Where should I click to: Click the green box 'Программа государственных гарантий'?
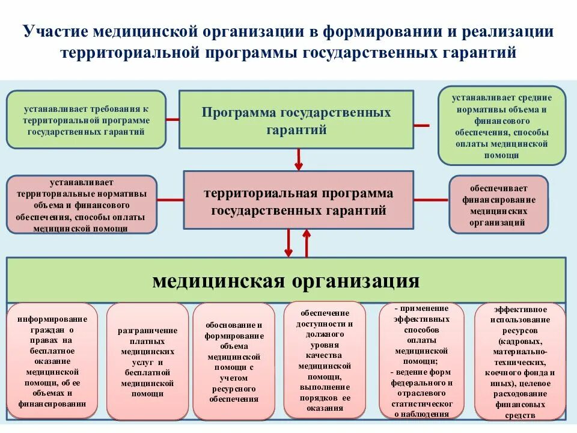click(296, 119)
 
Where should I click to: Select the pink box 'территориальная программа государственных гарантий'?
click(298, 200)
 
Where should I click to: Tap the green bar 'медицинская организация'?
click(286, 280)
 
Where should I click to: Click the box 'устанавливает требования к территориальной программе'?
click(86, 119)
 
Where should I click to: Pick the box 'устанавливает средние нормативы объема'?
click(502, 125)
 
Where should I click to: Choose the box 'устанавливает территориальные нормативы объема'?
click(81, 204)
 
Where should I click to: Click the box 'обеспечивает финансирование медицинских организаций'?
click(498, 204)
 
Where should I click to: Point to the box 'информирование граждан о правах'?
click(52, 361)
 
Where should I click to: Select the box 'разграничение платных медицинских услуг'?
click(147, 361)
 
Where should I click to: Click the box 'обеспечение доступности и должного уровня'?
click(325, 360)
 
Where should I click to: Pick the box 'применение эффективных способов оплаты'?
click(422, 361)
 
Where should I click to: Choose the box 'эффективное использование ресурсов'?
click(520, 361)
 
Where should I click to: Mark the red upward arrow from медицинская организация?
click(307, 244)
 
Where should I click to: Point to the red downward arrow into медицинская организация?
click(288, 244)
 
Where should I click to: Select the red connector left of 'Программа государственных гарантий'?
click(172, 119)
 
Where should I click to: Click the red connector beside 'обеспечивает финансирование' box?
click(431, 200)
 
